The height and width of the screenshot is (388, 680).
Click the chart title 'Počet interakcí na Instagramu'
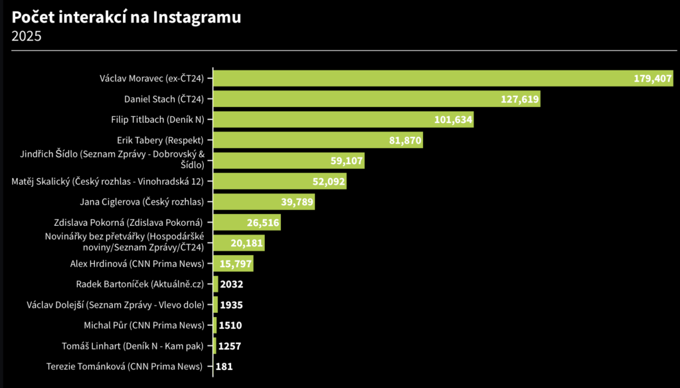click(126, 17)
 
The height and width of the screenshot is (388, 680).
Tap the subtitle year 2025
click(27, 36)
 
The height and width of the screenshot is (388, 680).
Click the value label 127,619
click(520, 100)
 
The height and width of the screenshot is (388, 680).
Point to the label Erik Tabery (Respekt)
click(160, 140)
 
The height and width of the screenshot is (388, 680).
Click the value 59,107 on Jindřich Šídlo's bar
click(347, 161)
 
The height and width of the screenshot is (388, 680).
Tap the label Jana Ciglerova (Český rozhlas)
click(141, 202)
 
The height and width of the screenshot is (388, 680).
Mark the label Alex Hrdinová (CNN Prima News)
click(137, 264)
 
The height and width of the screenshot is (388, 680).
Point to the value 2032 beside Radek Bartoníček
click(232, 284)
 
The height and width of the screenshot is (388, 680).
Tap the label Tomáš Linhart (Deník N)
click(143, 345)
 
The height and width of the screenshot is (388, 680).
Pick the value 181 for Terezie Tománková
click(224, 366)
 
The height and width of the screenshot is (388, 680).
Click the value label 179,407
click(653, 78)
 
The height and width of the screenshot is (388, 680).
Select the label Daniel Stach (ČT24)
click(164, 100)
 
